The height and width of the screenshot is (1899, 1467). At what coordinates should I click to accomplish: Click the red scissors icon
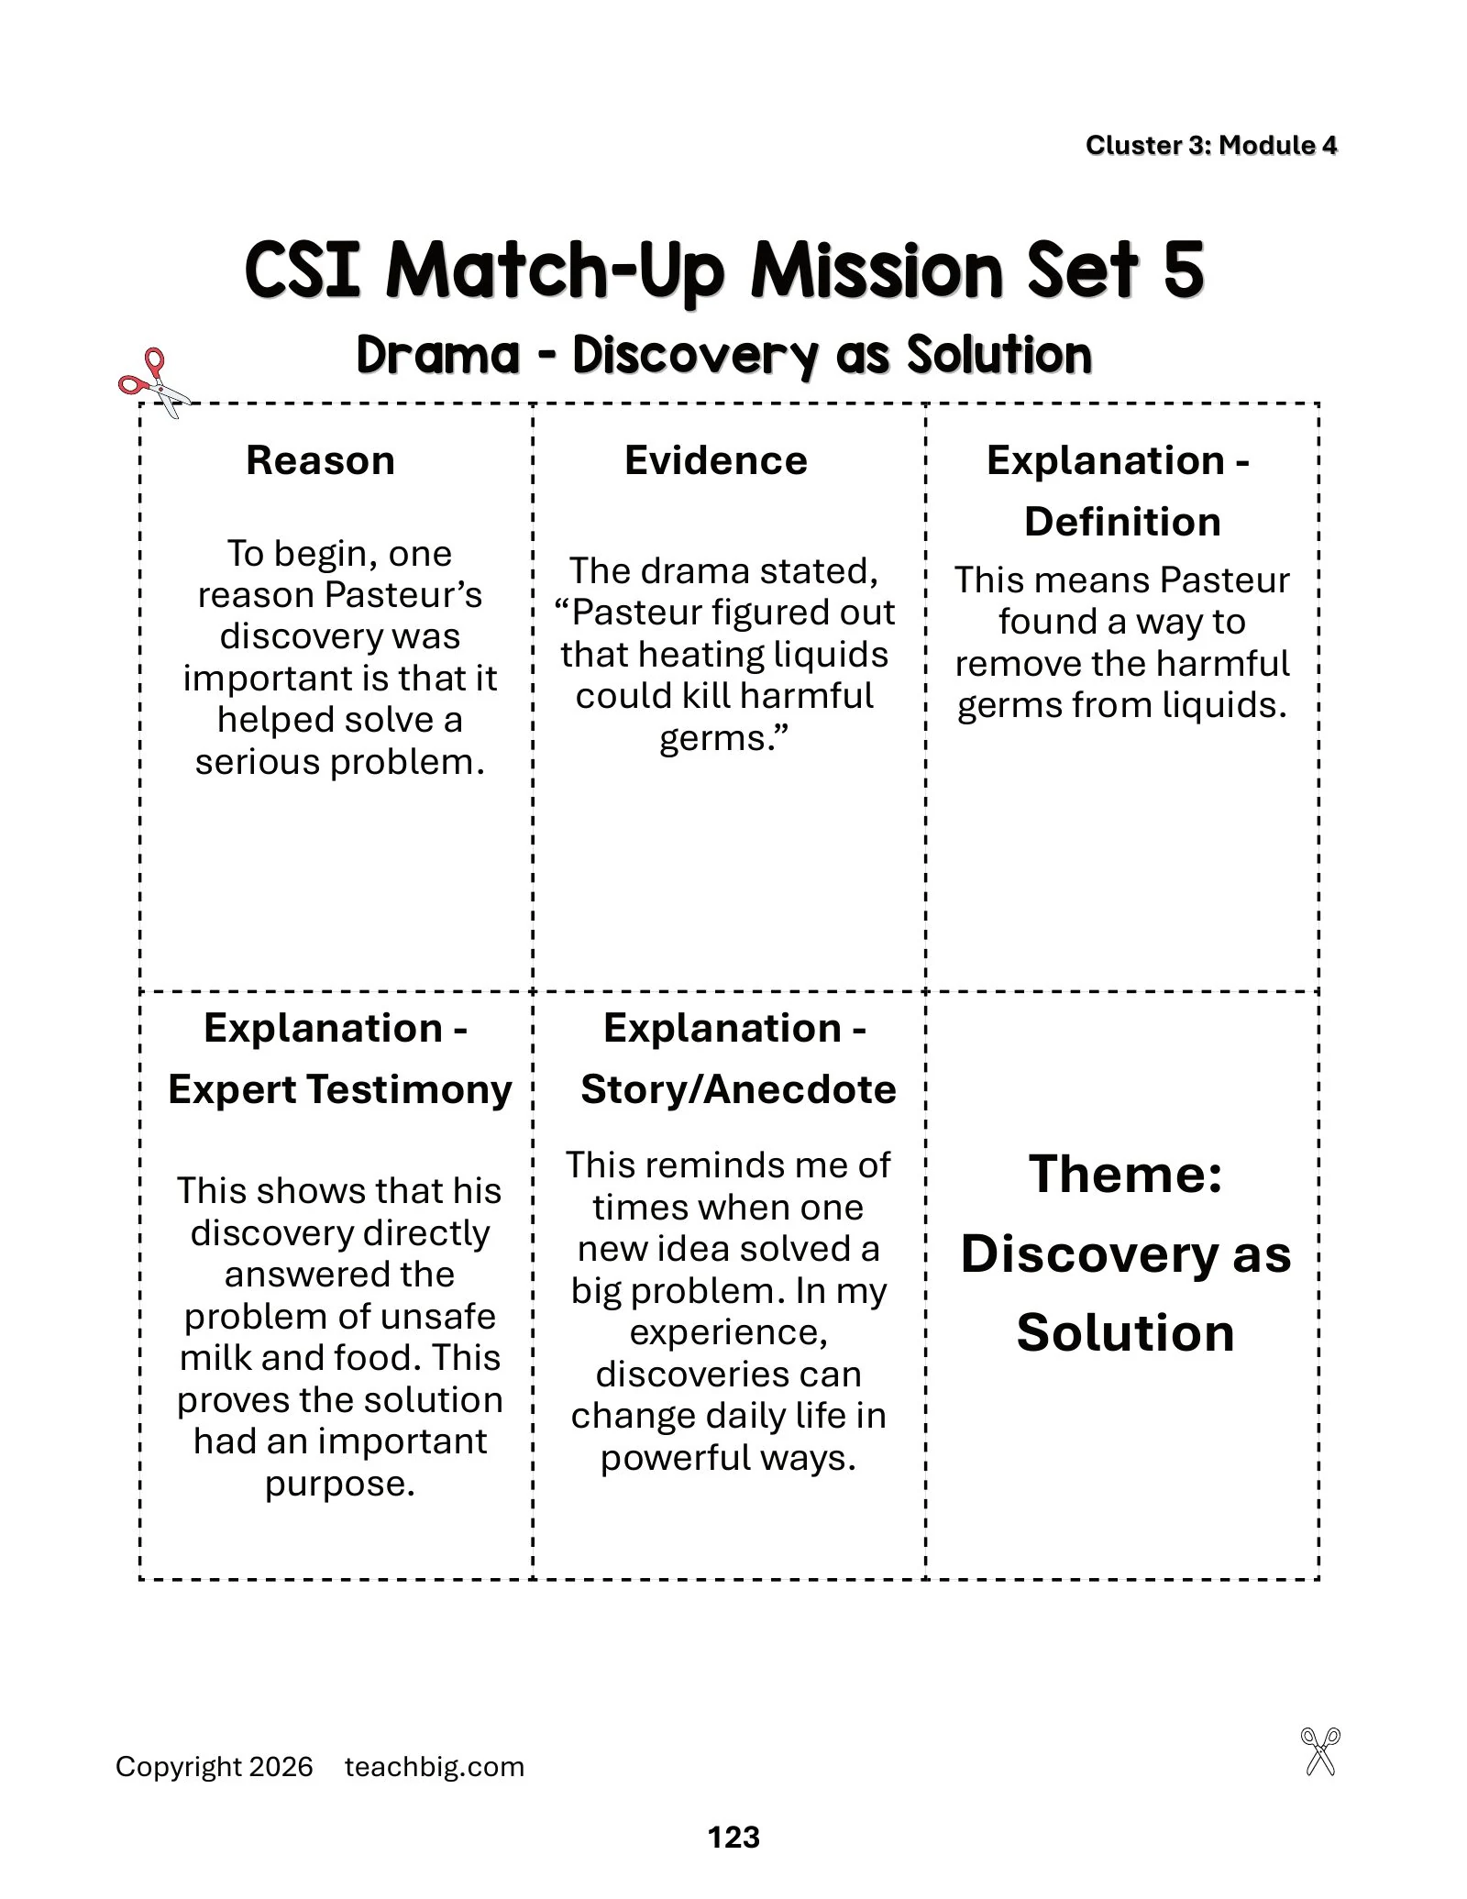click(x=153, y=383)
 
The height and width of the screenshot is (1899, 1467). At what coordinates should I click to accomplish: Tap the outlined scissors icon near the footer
click(x=1320, y=1751)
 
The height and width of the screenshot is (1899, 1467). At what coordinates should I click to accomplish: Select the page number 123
click(x=733, y=1837)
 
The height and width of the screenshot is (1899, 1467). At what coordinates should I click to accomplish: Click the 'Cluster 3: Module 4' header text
click(x=1211, y=145)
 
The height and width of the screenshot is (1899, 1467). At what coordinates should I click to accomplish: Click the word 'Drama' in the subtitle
click(x=438, y=355)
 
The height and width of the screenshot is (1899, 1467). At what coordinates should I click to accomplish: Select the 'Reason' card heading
click(x=320, y=460)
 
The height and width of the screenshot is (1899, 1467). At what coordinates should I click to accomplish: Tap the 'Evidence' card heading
click(x=716, y=460)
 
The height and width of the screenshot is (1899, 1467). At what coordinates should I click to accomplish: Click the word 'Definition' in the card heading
click(x=1122, y=522)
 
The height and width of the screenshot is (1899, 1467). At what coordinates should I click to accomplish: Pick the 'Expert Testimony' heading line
click(x=339, y=1089)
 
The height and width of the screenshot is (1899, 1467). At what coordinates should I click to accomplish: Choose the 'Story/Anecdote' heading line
click(x=738, y=1089)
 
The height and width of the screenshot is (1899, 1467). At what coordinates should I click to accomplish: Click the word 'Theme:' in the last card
click(x=1125, y=1174)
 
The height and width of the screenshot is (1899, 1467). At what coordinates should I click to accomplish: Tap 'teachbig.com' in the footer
click(x=435, y=1767)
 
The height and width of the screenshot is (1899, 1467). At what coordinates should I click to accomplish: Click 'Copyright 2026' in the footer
click(x=215, y=1767)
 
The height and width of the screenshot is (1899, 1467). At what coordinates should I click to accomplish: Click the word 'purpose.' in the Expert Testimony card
click(x=340, y=1484)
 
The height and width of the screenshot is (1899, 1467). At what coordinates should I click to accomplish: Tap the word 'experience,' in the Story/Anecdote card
click(x=729, y=1332)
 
